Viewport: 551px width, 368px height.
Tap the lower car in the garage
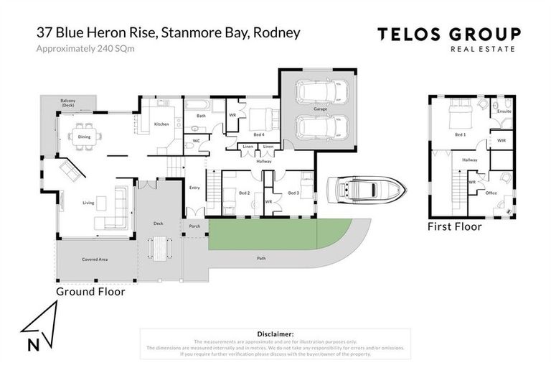321,127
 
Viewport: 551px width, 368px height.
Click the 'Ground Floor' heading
91,292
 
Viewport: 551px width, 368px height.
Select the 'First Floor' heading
454,226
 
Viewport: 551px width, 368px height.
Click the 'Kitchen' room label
161,124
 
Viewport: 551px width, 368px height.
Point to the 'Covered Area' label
95,259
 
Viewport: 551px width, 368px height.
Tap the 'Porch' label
194,226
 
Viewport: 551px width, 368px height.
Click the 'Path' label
261,257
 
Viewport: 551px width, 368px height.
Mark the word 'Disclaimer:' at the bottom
275,334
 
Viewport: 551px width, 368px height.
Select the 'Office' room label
491,193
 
